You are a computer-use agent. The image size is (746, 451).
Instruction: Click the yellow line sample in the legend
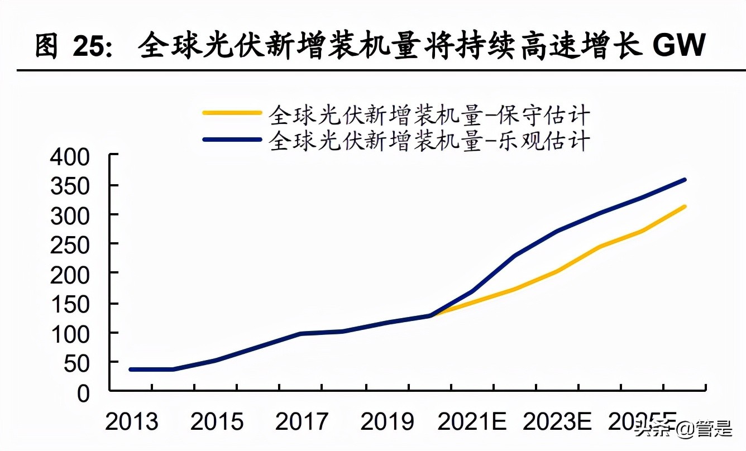[x=232, y=113]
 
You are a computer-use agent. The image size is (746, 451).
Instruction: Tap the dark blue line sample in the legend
[x=232, y=140]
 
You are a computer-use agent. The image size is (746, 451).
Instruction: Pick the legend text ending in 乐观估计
[x=429, y=140]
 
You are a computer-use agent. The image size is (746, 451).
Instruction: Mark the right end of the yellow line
[x=685, y=207]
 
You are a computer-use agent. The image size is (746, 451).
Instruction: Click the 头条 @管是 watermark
[x=682, y=430]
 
